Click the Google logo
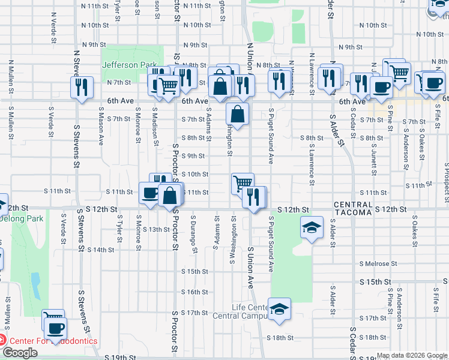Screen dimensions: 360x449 point(20,353)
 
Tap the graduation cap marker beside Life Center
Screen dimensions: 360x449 point(279,308)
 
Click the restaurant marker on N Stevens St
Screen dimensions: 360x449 point(82,87)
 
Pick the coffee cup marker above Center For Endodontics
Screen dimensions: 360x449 point(55,328)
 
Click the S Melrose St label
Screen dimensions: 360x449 point(378,263)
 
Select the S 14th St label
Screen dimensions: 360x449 point(101,250)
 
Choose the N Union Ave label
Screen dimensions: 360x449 point(249,60)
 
